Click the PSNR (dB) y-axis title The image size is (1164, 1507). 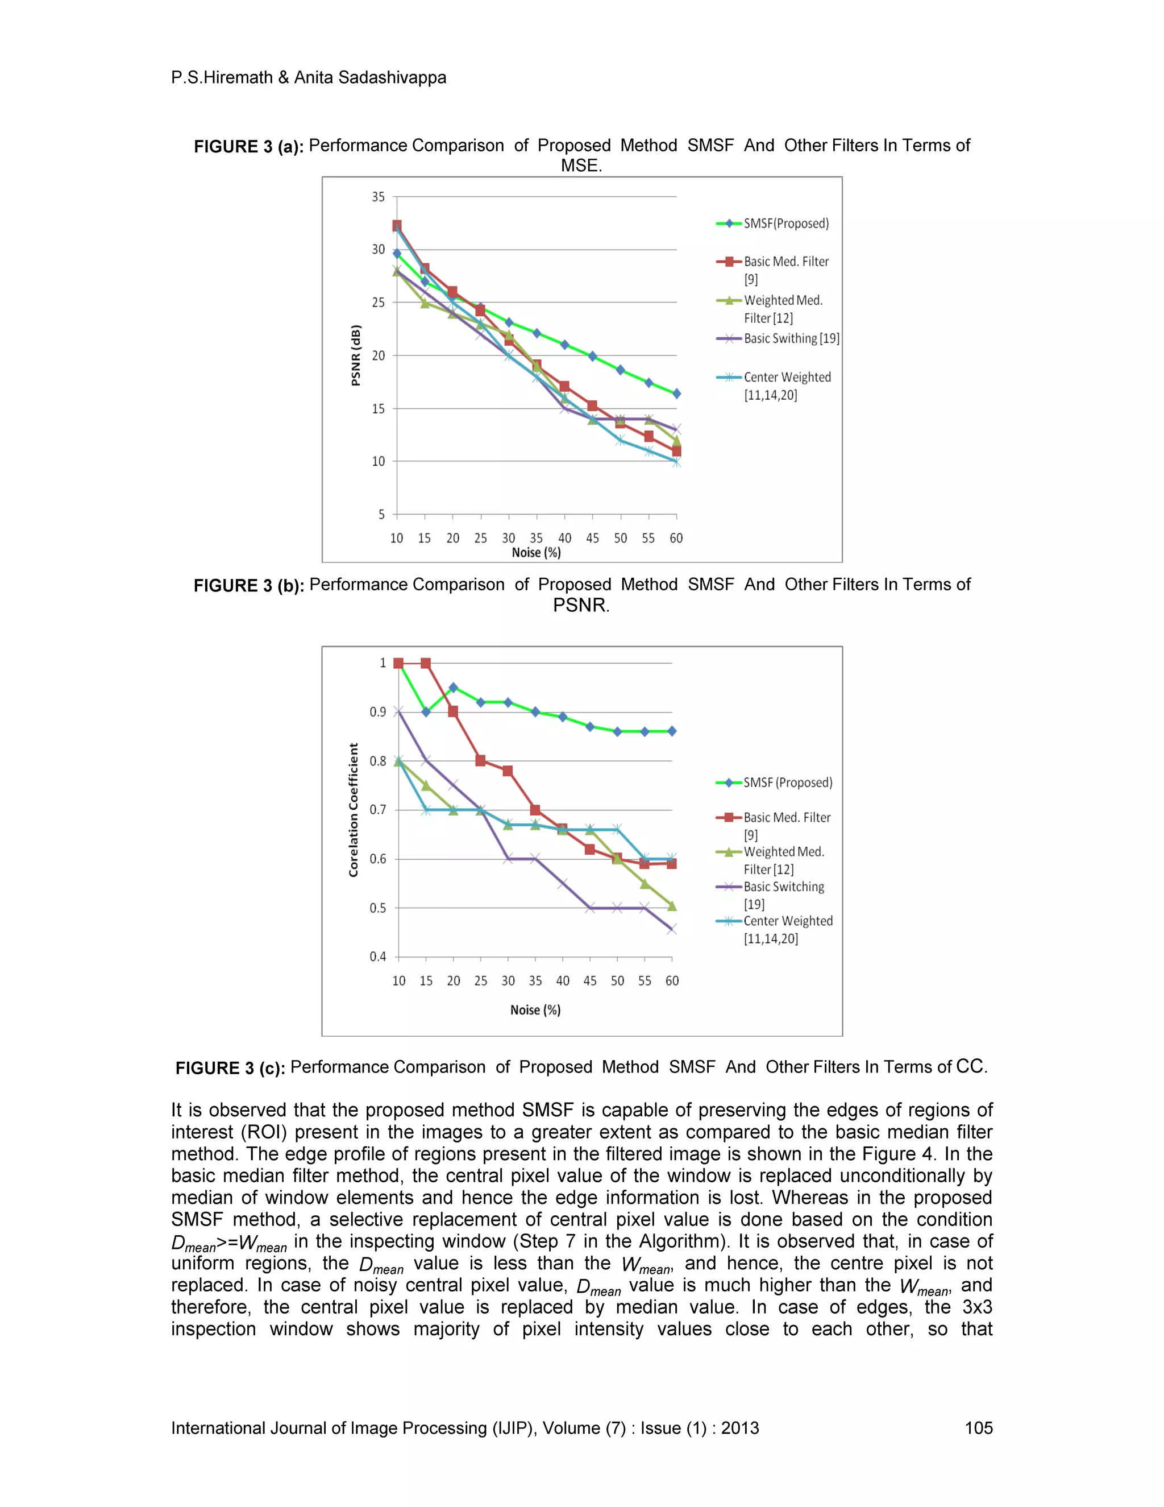pyautogui.click(x=356, y=355)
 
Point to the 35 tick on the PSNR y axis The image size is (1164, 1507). pyautogui.click(x=378, y=197)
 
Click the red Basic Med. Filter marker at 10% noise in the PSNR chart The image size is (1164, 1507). pyautogui.click(x=397, y=226)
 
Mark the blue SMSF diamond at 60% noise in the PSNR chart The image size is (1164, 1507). pyautogui.click(x=676, y=394)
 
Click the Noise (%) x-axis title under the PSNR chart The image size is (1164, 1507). pyautogui.click(x=536, y=553)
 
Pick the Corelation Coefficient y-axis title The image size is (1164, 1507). pyautogui.click(x=354, y=809)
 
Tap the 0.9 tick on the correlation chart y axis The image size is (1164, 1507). pyautogui.click(x=377, y=711)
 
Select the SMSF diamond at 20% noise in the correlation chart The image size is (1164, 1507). pyautogui.click(x=453, y=688)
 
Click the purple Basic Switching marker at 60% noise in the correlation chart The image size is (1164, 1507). pyautogui.click(x=672, y=929)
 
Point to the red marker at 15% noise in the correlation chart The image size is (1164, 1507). pyautogui.click(x=426, y=663)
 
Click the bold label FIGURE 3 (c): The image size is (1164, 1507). pyautogui.click(x=230, y=1068)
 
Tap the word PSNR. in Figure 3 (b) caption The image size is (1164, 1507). pyautogui.click(x=581, y=605)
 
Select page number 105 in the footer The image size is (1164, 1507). pyautogui.click(x=978, y=1427)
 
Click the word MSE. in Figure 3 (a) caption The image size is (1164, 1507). pyautogui.click(x=581, y=165)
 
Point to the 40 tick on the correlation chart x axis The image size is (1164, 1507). pyautogui.click(x=563, y=980)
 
